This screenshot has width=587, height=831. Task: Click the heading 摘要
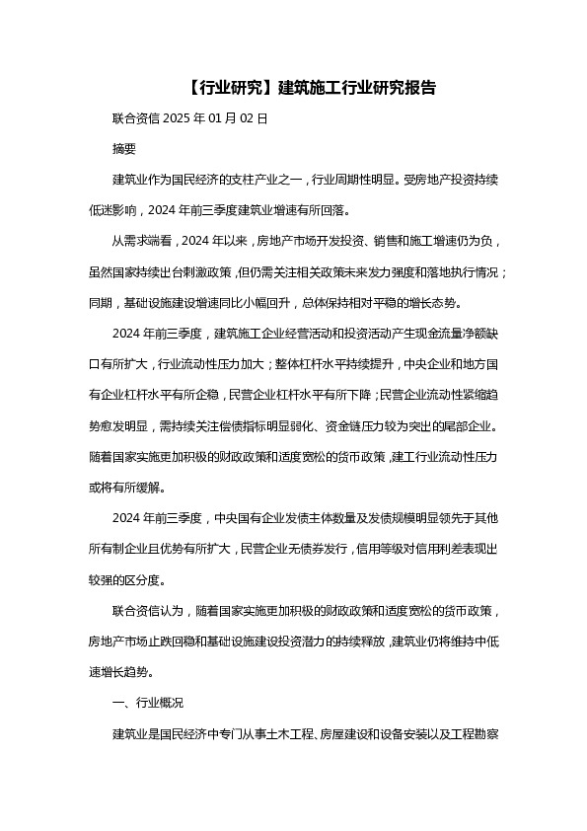point(125,149)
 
